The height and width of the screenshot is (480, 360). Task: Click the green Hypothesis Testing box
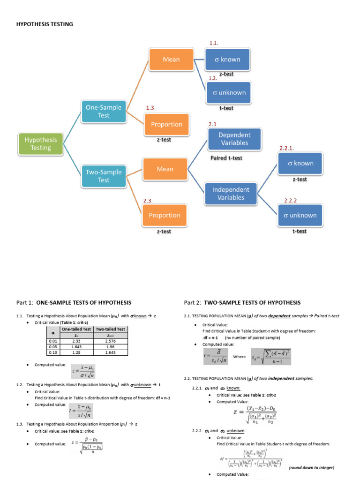[41, 143]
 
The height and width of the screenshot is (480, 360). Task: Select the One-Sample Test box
[103, 111]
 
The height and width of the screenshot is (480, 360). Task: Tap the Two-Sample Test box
[103, 176]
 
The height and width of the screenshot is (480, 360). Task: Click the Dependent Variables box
[228, 139]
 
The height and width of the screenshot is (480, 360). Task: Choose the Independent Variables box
[231, 194]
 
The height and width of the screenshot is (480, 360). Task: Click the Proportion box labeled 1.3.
[166, 124]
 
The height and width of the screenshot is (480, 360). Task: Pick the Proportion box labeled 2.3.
[165, 215]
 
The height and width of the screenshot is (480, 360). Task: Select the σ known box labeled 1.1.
[227, 59]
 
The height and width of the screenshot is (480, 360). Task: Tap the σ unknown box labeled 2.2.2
[300, 215]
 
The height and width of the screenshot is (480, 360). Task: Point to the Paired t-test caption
[226, 158]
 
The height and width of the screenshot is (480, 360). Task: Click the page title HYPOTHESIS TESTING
[45, 24]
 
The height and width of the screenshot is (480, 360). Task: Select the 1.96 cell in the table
[110, 346]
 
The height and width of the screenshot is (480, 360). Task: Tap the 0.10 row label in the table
[53, 352]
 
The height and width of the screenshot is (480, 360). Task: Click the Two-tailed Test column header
[110, 329]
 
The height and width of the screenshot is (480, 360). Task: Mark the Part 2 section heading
[242, 302]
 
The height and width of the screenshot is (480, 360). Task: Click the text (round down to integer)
[311, 468]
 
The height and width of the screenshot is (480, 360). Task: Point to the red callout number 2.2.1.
[286, 148]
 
